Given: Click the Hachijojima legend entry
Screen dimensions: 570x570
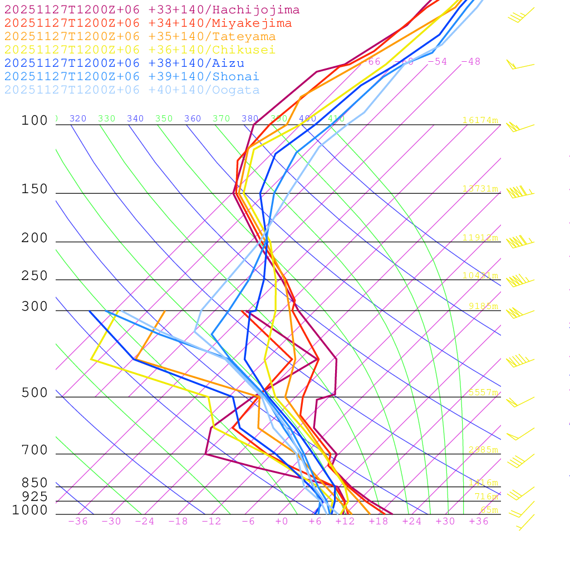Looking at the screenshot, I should coord(151,10).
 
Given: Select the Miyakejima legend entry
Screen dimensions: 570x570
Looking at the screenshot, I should coord(148,23).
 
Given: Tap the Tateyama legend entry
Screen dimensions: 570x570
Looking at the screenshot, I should coord(140,37).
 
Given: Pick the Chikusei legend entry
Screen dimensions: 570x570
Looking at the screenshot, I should coord(140,50).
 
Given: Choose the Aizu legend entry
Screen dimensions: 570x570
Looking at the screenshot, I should coord(124,63).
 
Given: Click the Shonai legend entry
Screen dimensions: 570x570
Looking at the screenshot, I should coord(132,77).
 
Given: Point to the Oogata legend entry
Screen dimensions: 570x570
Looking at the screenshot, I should coord(132,90).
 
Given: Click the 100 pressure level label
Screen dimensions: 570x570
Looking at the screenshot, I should coord(35,121).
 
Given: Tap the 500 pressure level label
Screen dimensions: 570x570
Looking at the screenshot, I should coord(35,393).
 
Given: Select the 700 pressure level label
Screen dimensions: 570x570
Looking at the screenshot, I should coord(35,450).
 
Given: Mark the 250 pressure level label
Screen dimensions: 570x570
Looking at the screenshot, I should coord(35,276).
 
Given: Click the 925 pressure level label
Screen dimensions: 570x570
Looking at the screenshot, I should coord(35,497).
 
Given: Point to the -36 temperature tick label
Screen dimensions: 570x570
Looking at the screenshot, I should coord(78,522).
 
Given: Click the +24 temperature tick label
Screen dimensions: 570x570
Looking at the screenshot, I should coord(412,522).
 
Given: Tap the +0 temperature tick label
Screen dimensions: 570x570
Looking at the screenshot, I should coord(282,522).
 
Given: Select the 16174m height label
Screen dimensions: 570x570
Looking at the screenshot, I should coord(480,120).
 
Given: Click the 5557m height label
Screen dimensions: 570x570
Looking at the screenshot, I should coord(483,392).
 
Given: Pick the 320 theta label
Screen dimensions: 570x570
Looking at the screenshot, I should coord(78,119).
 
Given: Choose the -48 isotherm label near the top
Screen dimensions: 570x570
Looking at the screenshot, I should coord(470,62).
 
